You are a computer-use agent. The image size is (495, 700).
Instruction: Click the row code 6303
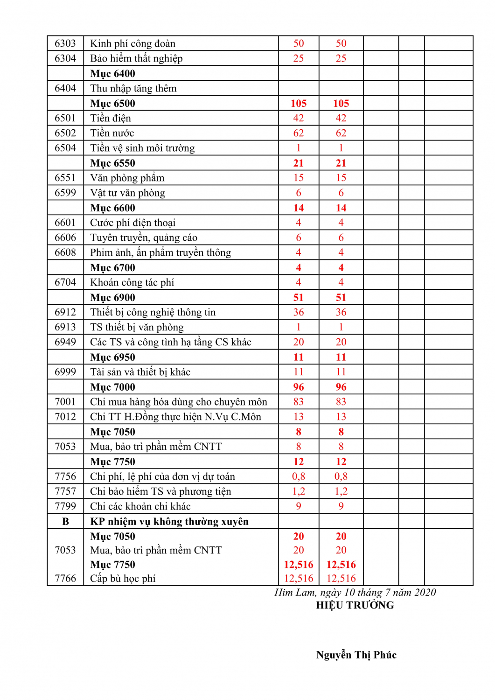point(65,43)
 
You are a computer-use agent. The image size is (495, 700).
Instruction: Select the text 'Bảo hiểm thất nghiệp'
point(136,58)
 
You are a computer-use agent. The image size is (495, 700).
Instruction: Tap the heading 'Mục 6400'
point(112,74)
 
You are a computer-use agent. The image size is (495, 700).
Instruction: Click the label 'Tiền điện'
point(111,118)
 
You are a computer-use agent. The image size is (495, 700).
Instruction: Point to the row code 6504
point(65,148)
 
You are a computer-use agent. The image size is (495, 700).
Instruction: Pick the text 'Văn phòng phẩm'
point(127,178)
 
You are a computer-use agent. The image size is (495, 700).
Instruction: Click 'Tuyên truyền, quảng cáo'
point(144,238)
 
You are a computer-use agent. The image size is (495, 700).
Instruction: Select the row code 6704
point(65,282)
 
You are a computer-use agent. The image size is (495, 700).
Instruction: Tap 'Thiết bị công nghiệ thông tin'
point(153,312)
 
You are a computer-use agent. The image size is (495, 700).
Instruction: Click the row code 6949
point(65,342)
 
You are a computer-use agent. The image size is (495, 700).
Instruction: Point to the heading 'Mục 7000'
point(112,387)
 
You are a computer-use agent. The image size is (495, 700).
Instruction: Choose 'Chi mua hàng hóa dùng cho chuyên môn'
point(179,402)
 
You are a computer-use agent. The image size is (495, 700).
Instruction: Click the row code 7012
point(65,417)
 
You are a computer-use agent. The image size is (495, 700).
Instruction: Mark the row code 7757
point(65,491)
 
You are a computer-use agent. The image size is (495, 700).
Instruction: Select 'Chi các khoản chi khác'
point(140,506)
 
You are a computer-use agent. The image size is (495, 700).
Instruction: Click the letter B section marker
point(65,521)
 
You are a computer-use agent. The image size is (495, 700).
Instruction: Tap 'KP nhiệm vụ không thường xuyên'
point(169,521)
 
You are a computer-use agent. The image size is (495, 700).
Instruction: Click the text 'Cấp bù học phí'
point(123,579)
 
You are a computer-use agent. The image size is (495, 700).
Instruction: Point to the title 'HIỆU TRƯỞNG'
point(355,605)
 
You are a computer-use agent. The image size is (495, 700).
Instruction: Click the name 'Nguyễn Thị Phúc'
point(356,655)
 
